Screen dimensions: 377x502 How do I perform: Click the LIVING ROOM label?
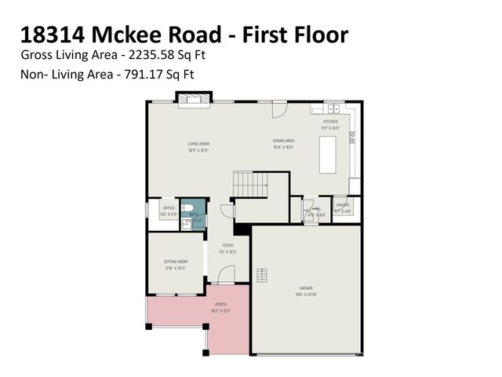coord(198,144)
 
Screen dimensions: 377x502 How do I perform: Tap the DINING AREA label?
coord(283,141)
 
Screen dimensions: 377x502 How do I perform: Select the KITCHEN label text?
coord(331,122)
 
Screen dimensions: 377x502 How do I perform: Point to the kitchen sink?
coord(334,109)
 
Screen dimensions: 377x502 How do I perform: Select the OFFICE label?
coord(169,208)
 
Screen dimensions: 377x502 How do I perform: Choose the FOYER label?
coord(227,245)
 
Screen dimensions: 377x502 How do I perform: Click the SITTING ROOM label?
coord(176,261)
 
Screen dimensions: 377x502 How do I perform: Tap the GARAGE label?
coord(306,288)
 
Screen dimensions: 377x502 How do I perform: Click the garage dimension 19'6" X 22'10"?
coord(306,295)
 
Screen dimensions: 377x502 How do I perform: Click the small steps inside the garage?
coord(262,274)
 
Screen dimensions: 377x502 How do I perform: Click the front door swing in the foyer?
coord(226,274)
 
